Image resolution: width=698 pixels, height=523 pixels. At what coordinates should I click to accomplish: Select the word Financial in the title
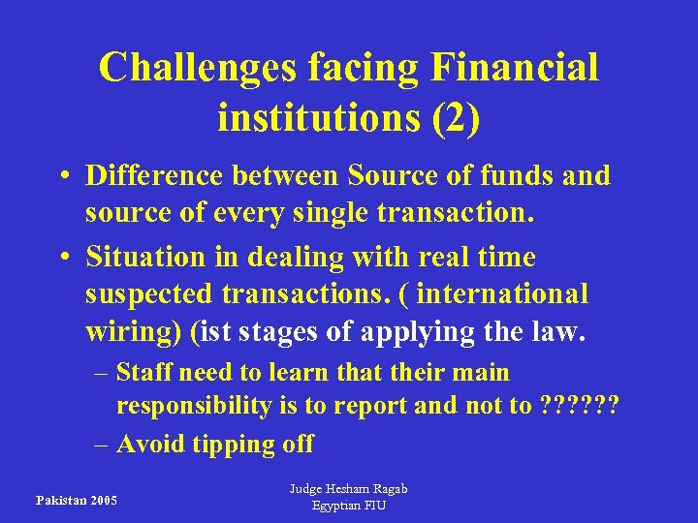[x=514, y=67]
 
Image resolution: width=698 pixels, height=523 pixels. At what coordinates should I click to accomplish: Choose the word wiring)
[x=135, y=332]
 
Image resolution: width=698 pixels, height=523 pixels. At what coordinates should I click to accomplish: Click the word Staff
[x=145, y=373]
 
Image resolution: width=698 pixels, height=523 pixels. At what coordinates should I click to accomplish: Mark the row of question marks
[x=578, y=406]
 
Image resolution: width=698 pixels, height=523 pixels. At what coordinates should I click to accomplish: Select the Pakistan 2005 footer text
[x=77, y=500]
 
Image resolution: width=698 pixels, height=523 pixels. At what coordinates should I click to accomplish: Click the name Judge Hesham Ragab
[x=348, y=489]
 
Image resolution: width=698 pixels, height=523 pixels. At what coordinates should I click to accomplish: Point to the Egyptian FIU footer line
[x=348, y=506]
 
